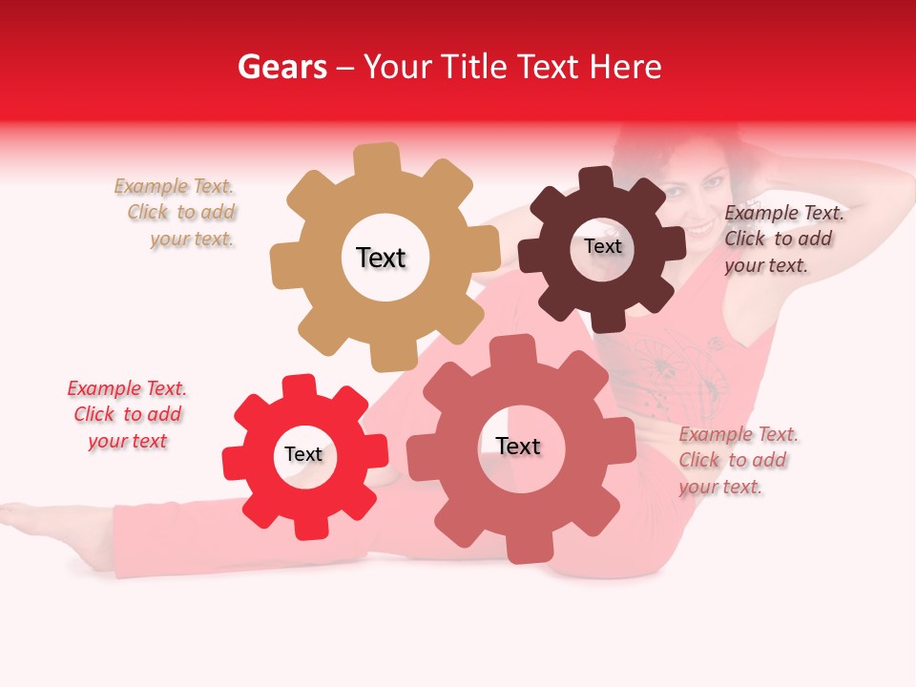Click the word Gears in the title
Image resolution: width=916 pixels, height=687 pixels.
(281, 67)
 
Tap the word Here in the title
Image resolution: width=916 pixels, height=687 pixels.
(625, 67)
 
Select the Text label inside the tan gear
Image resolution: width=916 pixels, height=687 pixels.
(381, 258)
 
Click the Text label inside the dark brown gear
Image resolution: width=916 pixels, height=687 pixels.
(602, 246)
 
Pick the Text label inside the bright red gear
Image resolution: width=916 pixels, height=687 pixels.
(303, 455)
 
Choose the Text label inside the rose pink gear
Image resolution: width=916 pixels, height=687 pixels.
(518, 447)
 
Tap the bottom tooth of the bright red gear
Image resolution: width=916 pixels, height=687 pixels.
(307, 527)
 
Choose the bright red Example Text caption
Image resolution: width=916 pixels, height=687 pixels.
(127, 414)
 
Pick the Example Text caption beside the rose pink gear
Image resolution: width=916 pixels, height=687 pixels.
(737, 461)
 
